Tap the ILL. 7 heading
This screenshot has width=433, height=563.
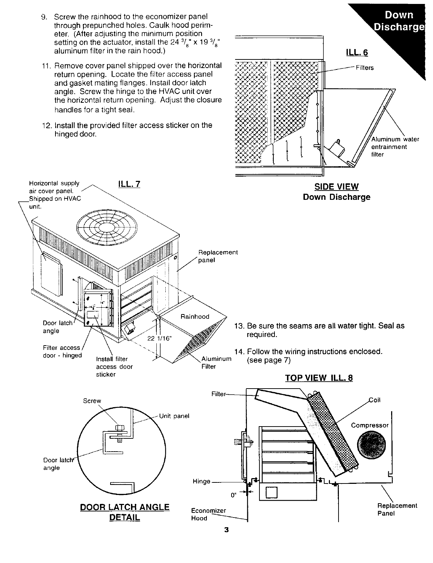(x=129, y=184)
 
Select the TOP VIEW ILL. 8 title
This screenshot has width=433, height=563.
(x=318, y=378)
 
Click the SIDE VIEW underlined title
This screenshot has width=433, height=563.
(x=336, y=187)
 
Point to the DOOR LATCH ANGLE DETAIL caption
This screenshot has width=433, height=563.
(x=124, y=512)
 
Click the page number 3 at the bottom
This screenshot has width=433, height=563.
(x=226, y=530)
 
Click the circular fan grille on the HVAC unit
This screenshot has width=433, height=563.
(x=107, y=227)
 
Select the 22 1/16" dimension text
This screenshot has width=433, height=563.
(x=159, y=338)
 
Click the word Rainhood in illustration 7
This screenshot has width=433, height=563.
(x=195, y=317)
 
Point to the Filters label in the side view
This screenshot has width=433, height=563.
(x=365, y=68)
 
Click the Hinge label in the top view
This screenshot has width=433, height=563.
(x=201, y=481)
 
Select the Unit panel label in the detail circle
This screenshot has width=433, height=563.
(x=174, y=416)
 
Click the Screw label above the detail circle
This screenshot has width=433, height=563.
(x=92, y=401)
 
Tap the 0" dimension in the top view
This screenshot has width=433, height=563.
(x=234, y=495)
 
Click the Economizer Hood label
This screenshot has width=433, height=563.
(x=208, y=514)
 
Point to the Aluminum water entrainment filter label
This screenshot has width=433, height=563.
(x=395, y=147)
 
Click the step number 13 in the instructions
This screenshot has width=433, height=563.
(x=239, y=326)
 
